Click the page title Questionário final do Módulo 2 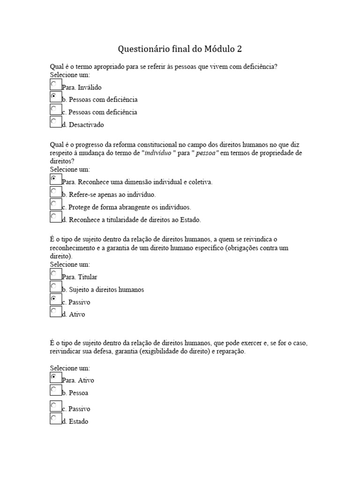point(180,49)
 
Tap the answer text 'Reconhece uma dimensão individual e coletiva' point(140,182)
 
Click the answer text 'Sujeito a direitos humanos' point(106,290)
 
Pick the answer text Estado point(78,421)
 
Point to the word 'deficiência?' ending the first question point(258,67)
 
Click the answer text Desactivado point(86,125)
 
